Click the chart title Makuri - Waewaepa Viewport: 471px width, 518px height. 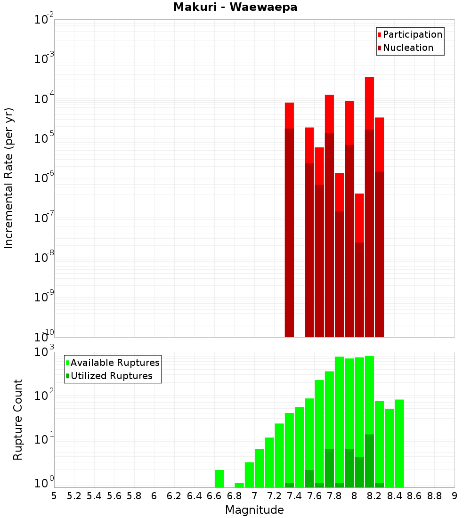point(235,8)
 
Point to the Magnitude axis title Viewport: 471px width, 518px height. point(254,510)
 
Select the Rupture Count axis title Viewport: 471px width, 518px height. point(18,419)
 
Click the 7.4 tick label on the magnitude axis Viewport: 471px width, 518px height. point(294,496)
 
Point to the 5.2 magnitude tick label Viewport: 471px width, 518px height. point(74,496)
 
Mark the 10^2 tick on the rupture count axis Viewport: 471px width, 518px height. point(43,396)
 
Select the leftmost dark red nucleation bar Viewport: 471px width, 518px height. point(289,231)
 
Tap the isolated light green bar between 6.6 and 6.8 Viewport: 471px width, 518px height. point(219,478)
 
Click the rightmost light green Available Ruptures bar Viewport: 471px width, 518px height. point(399,443)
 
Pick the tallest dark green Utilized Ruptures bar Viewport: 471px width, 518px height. point(369,460)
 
